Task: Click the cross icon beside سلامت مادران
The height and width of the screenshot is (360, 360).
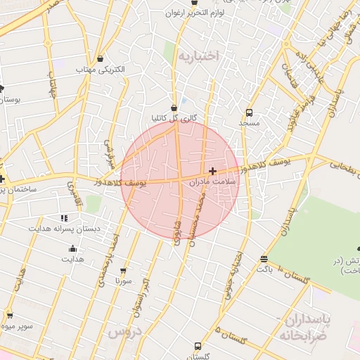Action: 212,171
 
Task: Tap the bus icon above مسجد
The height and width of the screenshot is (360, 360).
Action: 249,112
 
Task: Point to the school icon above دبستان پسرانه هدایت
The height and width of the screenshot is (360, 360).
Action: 64,219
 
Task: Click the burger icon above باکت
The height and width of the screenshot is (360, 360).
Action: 264,259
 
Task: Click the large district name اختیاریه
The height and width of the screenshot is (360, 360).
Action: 198,55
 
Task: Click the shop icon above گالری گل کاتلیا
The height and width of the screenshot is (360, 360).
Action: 174,108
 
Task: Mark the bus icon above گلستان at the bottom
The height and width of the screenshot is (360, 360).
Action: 198,346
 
